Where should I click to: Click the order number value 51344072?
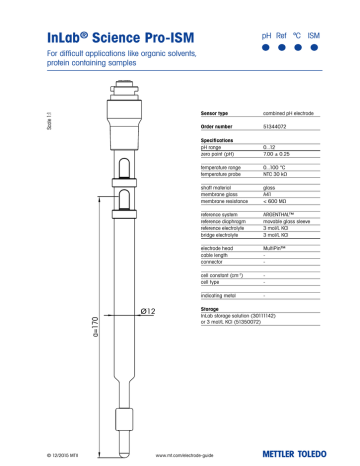(277, 128)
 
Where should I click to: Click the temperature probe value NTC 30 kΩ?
(279, 172)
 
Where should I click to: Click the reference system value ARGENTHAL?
(284, 210)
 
